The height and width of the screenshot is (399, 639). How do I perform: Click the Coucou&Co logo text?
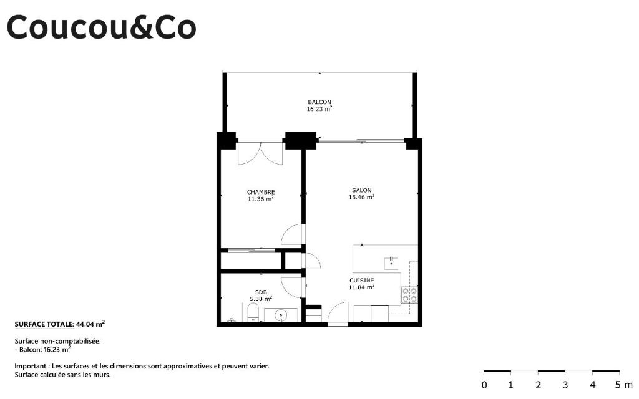point(102,27)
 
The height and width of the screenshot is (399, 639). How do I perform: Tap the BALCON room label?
point(319,102)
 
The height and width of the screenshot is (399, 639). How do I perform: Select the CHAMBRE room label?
point(261,192)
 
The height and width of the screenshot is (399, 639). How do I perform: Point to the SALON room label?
point(362,190)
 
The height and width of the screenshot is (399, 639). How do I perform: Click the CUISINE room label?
point(362,280)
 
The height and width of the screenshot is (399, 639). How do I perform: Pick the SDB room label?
point(261,292)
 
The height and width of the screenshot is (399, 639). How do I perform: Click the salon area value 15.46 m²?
point(361,197)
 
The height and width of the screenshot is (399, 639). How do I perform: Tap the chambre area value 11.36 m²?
point(260,199)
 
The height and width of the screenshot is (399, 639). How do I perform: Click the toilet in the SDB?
point(253,313)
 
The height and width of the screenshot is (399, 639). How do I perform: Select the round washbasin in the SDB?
point(281,315)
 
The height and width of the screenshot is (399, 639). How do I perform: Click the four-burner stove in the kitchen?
point(409,295)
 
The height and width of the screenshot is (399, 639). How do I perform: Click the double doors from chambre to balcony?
point(260,153)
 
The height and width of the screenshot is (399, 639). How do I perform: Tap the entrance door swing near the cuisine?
point(338,314)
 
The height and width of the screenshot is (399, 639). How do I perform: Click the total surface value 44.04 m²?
point(90,324)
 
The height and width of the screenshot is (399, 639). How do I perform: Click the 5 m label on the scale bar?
point(623,385)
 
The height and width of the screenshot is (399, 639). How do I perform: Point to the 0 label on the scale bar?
point(484,385)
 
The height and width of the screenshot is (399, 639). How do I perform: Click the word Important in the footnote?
point(30,367)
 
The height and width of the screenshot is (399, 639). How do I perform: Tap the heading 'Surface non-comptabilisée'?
point(57,341)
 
